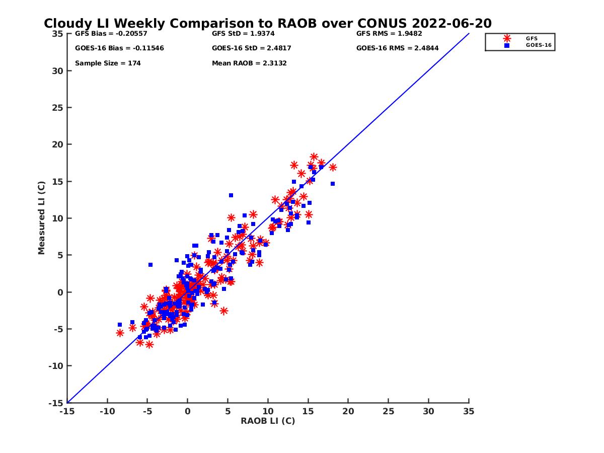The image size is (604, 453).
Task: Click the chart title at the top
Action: coord(268,24)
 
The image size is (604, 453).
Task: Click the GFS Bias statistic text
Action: coord(111,34)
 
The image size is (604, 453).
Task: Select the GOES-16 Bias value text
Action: coord(119,48)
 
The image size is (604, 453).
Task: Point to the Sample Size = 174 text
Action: coord(108,63)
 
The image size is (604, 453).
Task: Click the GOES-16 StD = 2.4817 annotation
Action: coord(251,48)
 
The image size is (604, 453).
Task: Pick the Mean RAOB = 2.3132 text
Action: coord(249,63)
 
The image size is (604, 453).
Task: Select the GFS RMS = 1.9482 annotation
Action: coord(389,34)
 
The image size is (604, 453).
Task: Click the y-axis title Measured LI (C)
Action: coord(42,217)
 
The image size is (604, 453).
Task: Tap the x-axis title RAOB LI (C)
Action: coord(268,421)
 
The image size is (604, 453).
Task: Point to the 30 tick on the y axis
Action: coord(57,71)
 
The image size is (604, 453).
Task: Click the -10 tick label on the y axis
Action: coord(55,366)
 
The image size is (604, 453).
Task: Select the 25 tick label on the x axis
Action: coord(388,411)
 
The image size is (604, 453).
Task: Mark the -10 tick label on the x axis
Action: coord(107,411)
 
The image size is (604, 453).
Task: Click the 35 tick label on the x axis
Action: coord(469,411)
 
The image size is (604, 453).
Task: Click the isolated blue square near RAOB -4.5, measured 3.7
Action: coord(150,265)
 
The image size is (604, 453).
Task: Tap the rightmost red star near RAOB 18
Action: coord(333,167)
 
